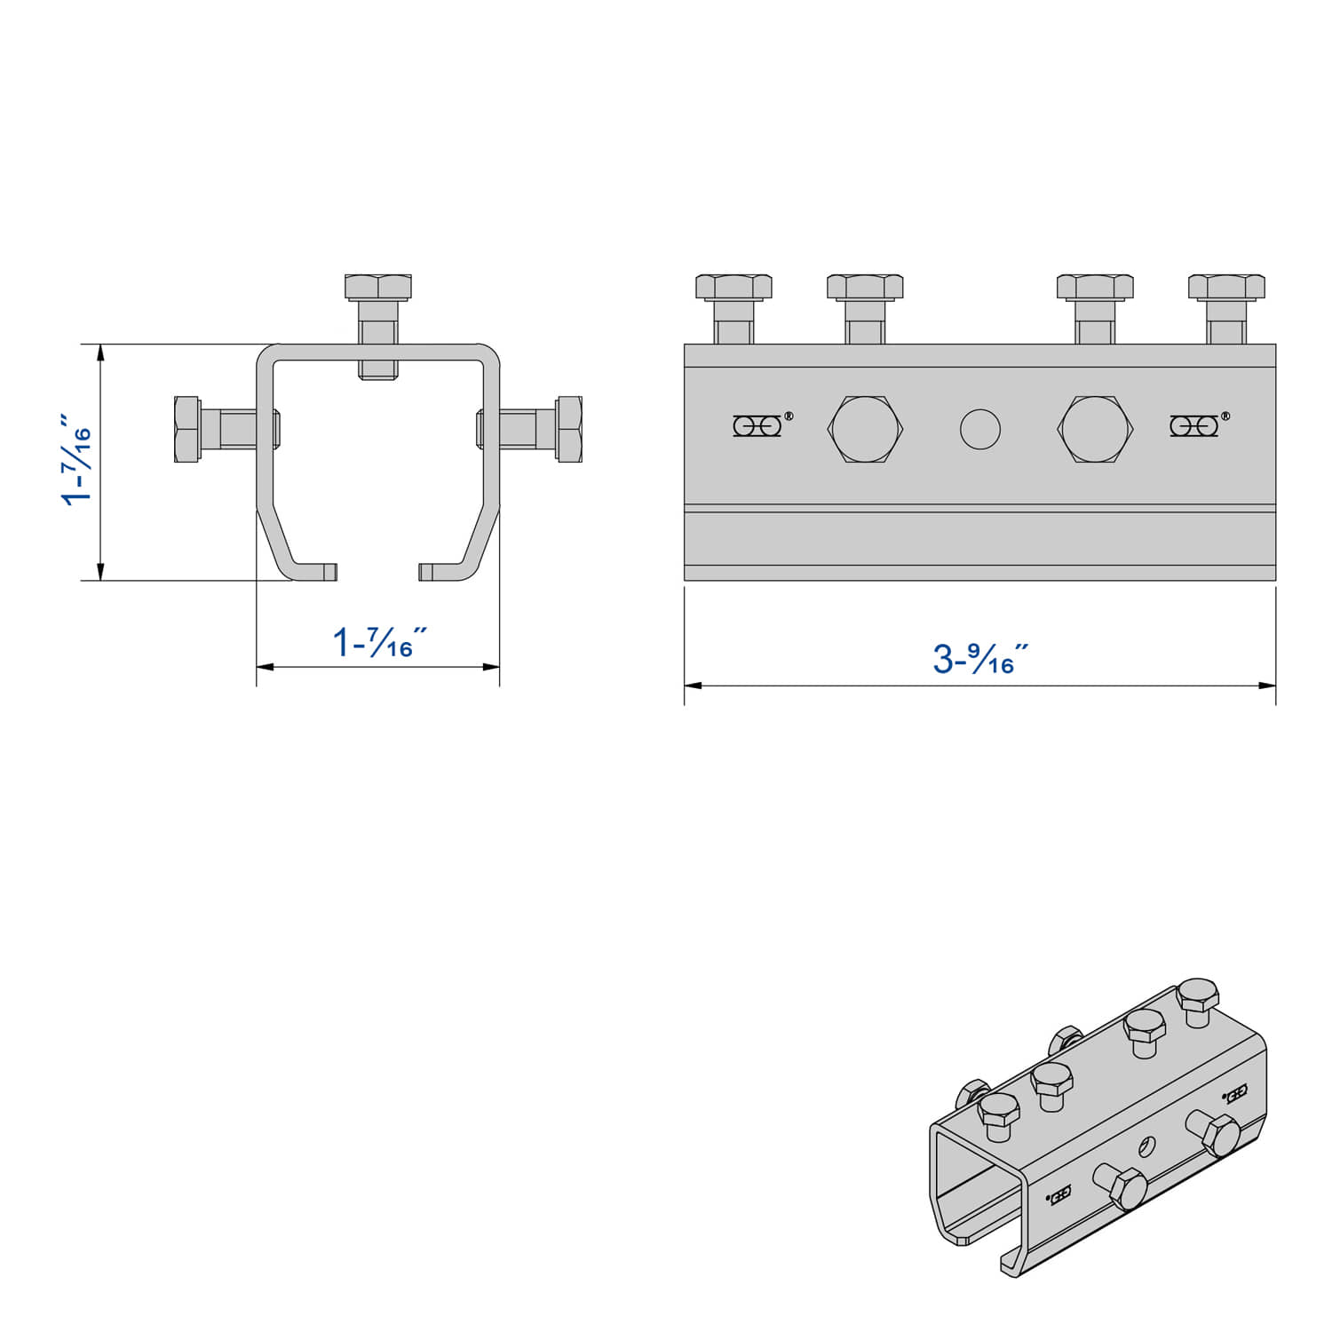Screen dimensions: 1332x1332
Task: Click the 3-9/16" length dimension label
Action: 980,658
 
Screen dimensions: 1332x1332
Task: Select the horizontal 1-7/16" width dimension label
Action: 378,642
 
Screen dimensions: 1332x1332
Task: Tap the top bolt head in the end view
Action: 378,287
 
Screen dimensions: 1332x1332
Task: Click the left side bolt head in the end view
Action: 186,429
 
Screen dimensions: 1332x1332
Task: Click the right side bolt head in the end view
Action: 569,429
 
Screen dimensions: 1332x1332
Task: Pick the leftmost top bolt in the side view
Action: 733,287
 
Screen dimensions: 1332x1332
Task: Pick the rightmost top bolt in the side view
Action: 1226,287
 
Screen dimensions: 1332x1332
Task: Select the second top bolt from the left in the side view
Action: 865,287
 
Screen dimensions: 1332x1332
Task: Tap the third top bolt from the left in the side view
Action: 1095,287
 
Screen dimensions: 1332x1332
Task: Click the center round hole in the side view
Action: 980,429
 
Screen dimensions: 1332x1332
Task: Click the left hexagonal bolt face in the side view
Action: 866,429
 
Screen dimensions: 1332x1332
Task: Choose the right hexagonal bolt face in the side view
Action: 1095,429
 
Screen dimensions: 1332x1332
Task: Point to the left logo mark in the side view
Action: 758,425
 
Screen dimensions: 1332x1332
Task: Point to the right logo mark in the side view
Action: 1194,425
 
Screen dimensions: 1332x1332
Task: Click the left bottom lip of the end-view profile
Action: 315,572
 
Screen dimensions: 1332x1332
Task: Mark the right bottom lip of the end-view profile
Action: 441,572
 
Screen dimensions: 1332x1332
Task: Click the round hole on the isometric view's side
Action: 1147,1146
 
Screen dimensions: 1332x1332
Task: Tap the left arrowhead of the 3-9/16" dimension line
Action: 692,686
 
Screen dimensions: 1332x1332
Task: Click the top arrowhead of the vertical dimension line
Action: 101,352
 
